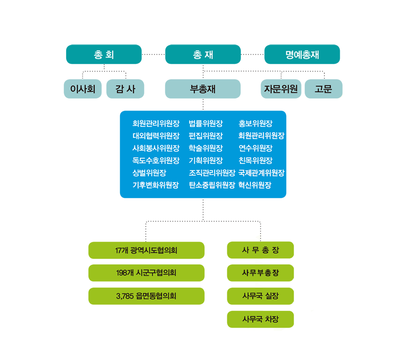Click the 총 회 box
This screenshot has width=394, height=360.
(104, 54)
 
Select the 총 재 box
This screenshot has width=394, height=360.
(203, 54)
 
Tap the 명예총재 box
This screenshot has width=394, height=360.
(302, 54)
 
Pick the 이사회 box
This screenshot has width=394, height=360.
(83, 89)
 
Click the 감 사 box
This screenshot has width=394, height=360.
(125, 89)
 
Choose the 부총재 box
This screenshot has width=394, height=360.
(203, 89)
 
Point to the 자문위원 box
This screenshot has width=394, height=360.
(281, 89)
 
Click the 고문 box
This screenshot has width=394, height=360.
(324, 89)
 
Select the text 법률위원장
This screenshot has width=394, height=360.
(206, 124)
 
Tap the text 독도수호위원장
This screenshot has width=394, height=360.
(156, 160)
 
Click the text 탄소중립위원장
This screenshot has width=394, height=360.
(212, 185)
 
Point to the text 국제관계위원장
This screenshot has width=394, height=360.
(261, 173)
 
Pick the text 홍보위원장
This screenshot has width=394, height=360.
(256, 124)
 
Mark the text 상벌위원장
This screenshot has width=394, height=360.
(149, 173)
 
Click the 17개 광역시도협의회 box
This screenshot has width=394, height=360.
(146, 250)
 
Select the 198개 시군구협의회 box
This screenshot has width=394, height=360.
(146, 273)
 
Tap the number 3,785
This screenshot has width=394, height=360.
(125, 296)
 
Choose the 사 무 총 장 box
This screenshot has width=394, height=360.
(260, 250)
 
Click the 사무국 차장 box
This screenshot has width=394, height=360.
(260, 319)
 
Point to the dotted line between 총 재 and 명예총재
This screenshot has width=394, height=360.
(253, 54)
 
